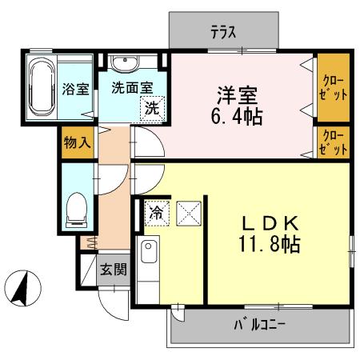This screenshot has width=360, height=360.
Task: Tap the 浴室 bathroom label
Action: click(75, 89)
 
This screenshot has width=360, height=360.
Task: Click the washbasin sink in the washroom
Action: click(124, 64)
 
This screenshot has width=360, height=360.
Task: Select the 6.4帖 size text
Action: click(238, 117)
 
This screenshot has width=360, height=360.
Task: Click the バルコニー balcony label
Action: click(260, 326)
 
